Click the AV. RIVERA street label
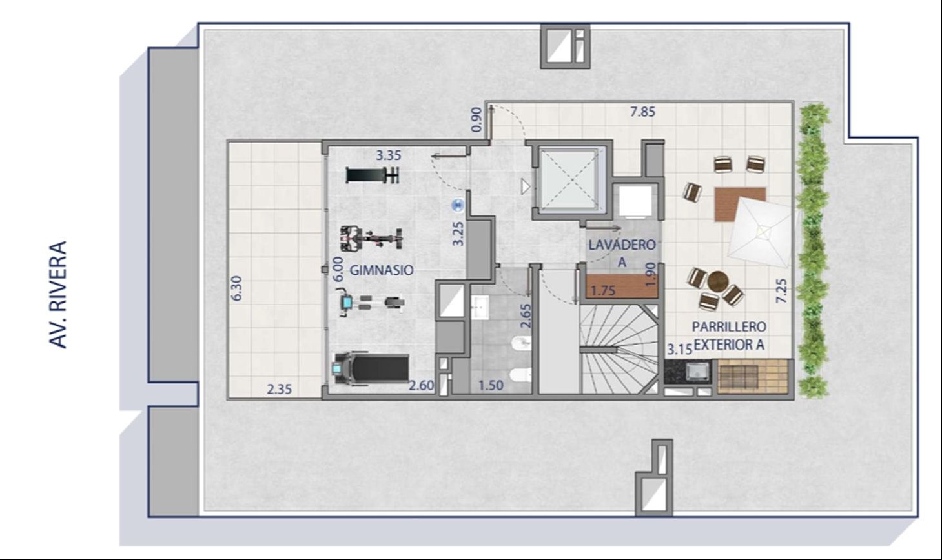click(58, 294)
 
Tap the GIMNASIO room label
click(382, 270)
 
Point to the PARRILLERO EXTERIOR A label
click(729, 335)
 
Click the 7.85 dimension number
click(642, 112)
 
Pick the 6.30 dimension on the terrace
click(237, 288)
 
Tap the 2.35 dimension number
click(279, 390)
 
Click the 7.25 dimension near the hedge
click(781, 291)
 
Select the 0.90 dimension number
click(476, 120)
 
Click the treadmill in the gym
click(371, 368)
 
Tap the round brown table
click(717, 281)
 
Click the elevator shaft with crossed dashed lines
click(569, 179)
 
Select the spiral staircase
click(619, 348)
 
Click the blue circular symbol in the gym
click(458, 205)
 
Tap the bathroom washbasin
click(480, 308)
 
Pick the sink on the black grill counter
click(698, 372)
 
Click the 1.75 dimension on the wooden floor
click(603, 291)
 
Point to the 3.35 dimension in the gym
click(388, 155)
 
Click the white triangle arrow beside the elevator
click(526, 186)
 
